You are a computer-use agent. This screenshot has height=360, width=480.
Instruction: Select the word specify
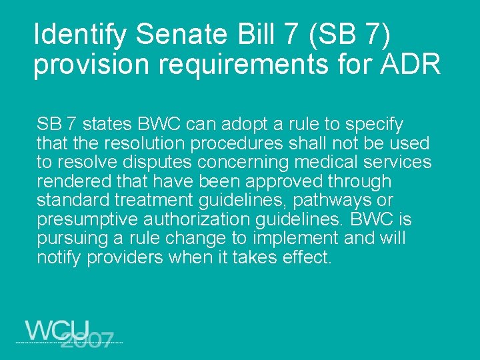click(373, 125)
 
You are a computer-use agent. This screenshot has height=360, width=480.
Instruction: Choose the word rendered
click(69, 181)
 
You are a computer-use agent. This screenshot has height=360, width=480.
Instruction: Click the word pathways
click(340, 201)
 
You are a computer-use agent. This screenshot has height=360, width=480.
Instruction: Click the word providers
click(123, 257)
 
